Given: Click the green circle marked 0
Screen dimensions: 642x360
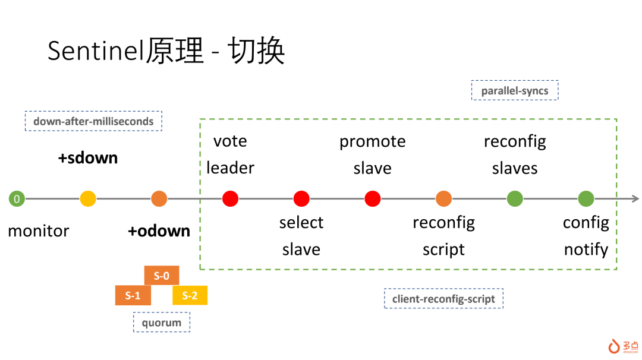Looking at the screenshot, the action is point(17,199).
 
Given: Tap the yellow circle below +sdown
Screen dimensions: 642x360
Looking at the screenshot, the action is point(88,199).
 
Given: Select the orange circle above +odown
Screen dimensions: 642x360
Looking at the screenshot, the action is point(159,199).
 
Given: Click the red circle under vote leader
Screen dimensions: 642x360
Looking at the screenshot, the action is point(230,199).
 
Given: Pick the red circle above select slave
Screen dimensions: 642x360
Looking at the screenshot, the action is point(301,199).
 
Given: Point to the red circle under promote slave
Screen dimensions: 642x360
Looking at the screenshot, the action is point(373,199).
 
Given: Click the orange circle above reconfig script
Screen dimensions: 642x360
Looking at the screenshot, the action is point(444,199).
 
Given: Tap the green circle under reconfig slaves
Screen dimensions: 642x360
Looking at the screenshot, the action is point(515,199).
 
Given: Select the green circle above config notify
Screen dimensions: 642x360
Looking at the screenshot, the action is point(586,199).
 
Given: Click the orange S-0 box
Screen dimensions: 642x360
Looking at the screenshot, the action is point(162,275).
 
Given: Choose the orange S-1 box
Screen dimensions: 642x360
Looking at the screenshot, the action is point(133,295).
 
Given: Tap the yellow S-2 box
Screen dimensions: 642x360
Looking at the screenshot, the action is point(190,295).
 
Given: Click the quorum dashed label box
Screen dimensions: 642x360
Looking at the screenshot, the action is point(162,323).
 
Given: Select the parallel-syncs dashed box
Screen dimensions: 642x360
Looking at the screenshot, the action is point(515,90).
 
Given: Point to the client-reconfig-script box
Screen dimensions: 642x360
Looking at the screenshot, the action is point(443,299).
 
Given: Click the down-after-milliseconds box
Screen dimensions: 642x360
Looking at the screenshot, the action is point(93,121).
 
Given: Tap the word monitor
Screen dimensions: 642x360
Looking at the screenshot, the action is point(39,231).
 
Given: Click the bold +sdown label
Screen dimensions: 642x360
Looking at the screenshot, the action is point(88,158).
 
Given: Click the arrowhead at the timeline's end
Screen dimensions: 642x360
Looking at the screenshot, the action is point(636,199).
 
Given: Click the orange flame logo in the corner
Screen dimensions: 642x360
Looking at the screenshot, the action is point(613,346).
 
